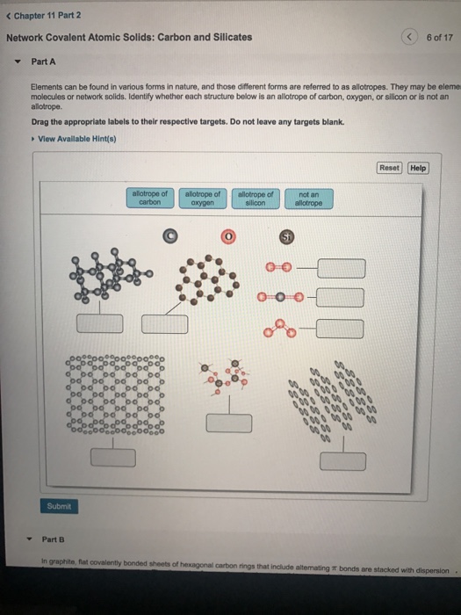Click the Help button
click(418, 168)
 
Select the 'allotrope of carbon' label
click(149, 198)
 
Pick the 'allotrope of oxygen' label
click(204, 198)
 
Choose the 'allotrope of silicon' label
click(256, 198)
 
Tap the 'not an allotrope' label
click(310, 198)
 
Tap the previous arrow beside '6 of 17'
click(412, 37)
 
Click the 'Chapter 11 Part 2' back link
click(42, 14)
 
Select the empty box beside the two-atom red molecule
click(341, 267)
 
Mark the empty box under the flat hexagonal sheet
click(112, 457)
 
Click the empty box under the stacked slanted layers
click(343, 459)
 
